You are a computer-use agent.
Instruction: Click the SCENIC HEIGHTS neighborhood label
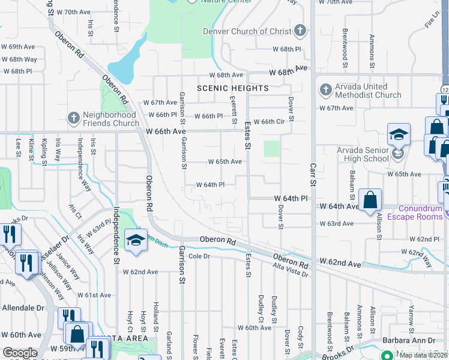pyautogui.click(x=233, y=88)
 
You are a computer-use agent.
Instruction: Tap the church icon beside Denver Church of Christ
pyautogui.click(x=300, y=31)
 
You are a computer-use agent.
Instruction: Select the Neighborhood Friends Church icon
pyautogui.click(x=74, y=116)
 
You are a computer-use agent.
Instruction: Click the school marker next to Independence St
pyautogui.click(x=136, y=241)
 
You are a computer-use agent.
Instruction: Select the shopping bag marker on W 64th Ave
pyautogui.click(x=370, y=200)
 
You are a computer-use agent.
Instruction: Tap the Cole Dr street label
pyautogui.click(x=202, y=256)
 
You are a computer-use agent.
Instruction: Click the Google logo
pyautogui.click(x=20, y=352)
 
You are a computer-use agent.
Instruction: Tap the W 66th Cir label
pyautogui.click(x=268, y=121)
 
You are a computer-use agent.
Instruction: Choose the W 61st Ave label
pyautogui.click(x=94, y=295)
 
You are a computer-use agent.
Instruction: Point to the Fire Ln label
pyautogui.click(x=432, y=22)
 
